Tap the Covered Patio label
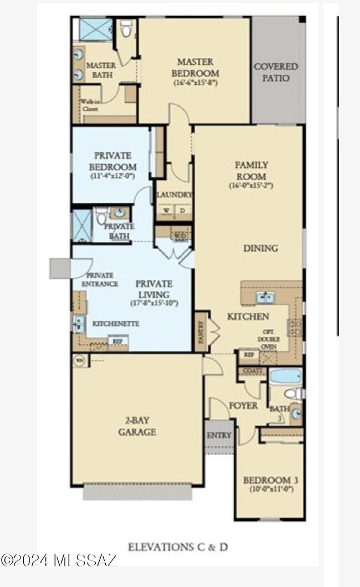[x=275, y=72]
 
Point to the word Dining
[x=260, y=248]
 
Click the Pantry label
[x=200, y=331]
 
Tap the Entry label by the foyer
[x=219, y=435]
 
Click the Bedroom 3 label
[x=268, y=479]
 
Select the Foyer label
[x=243, y=406]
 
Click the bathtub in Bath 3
[x=286, y=376]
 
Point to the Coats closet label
[x=252, y=371]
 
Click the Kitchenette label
[x=115, y=323]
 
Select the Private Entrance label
[x=100, y=279]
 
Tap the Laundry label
[x=174, y=195]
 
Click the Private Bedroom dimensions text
[x=112, y=176]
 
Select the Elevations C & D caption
[x=178, y=547]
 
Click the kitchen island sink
[x=264, y=298]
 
